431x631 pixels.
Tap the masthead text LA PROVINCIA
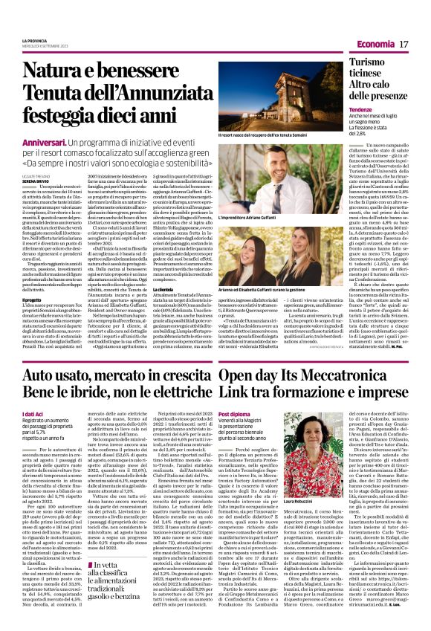(34, 39)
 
